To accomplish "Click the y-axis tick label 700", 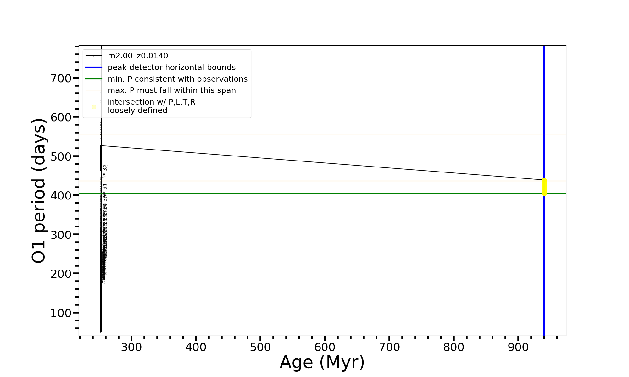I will click(61, 78).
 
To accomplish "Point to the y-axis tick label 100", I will click(61, 313).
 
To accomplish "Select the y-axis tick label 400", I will click(61, 195).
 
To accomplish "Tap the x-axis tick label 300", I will click(131, 347).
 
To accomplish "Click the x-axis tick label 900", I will click(518, 347).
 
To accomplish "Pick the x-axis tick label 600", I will click(325, 347).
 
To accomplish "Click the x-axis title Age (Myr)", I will click(322, 362).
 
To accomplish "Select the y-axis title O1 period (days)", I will click(39, 191).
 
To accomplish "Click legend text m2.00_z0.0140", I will click(138, 56).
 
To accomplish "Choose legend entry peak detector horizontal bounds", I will click(171, 68).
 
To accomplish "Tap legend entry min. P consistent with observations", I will click(177, 79).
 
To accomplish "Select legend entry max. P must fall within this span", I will click(171, 90).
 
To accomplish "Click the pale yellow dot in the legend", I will click(94, 107).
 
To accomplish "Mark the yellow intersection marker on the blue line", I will click(544, 187).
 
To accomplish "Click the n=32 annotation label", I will click(105, 172).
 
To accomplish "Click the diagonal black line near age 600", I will click(325, 152).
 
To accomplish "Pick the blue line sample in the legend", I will click(94, 68).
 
